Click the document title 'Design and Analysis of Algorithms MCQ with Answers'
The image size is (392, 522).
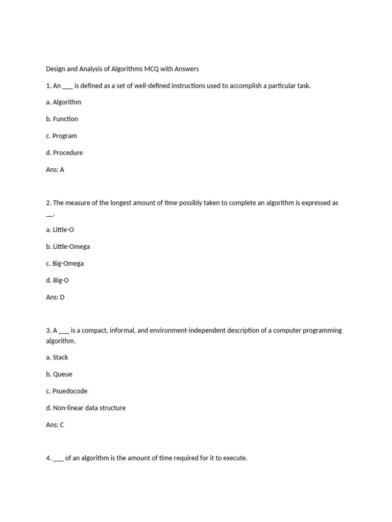(x=122, y=69)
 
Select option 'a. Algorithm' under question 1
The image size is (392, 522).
(x=63, y=102)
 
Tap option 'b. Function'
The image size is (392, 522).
(x=62, y=119)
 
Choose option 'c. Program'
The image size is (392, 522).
(x=61, y=136)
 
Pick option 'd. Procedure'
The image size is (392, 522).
(x=64, y=152)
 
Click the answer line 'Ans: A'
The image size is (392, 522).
(x=55, y=170)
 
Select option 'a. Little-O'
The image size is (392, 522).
(x=60, y=230)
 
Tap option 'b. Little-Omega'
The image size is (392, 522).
(x=68, y=247)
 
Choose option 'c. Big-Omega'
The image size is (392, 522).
(x=65, y=264)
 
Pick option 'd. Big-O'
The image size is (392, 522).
(x=57, y=280)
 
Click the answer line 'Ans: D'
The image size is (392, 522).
(x=55, y=297)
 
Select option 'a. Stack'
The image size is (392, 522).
(x=57, y=357)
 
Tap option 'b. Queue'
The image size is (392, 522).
(x=59, y=374)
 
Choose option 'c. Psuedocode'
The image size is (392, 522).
(x=66, y=391)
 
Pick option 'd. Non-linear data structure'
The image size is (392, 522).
(x=86, y=408)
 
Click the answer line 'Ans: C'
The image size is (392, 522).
(x=55, y=425)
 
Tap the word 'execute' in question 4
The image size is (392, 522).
(x=235, y=458)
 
